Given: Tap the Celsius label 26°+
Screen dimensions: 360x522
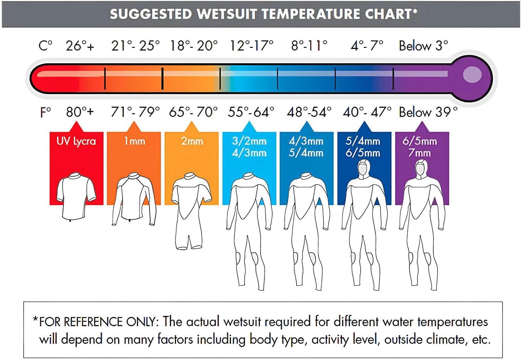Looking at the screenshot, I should [x=80, y=46].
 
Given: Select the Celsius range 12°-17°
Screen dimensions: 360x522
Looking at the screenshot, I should [x=251, y=46].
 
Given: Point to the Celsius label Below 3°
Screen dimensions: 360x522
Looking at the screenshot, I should [x=423, y=46].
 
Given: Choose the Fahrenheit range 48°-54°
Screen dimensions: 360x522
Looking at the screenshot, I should [x=309, y=112].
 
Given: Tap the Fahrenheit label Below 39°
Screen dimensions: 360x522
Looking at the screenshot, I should [x=428, y=112].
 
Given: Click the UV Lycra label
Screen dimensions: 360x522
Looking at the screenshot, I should [x=76, y=141].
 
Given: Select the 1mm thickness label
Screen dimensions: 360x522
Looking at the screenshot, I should [x=134, y=141].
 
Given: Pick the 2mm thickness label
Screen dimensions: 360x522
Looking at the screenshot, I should [x=192, y=141].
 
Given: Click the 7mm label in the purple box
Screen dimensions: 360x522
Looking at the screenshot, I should [x=420, y=153].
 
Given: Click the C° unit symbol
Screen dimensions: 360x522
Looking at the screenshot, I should [x=45, y=46].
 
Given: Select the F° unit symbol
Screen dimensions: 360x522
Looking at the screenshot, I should [x=45, y=112].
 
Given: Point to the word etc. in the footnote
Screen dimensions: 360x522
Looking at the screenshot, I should [x=481, y=340].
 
